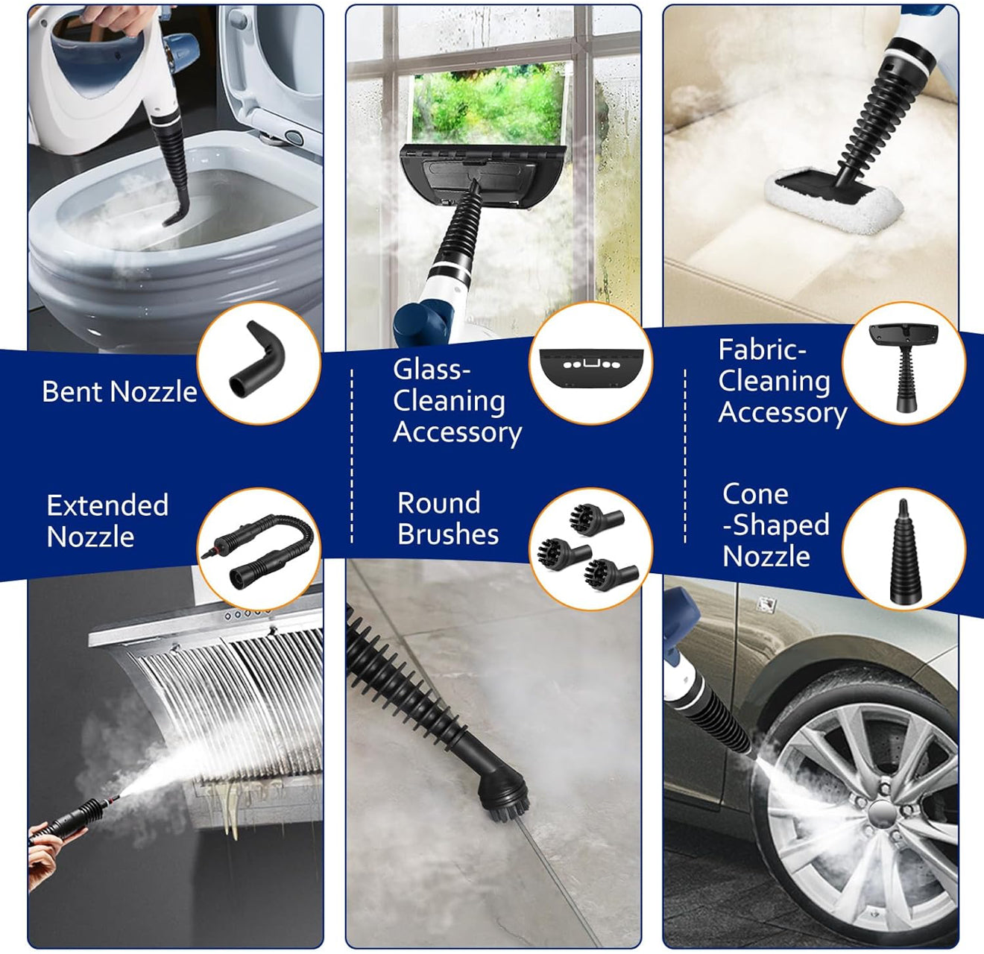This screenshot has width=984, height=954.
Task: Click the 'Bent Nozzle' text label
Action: [x=119, y=391]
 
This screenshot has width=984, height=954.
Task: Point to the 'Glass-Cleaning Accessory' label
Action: [x=456, y=401]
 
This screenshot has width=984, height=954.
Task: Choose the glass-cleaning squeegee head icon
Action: [x=590, y=365]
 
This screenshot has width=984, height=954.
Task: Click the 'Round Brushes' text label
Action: [x=447, y=518]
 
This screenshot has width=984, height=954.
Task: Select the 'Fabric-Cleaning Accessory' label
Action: [x=781, y=381]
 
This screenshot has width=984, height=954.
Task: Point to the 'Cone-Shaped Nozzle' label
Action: [x=775, y=525]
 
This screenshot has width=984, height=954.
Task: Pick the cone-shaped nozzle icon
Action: [x=903, y=552]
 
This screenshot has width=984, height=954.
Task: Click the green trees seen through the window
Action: [x=488, y=104]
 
